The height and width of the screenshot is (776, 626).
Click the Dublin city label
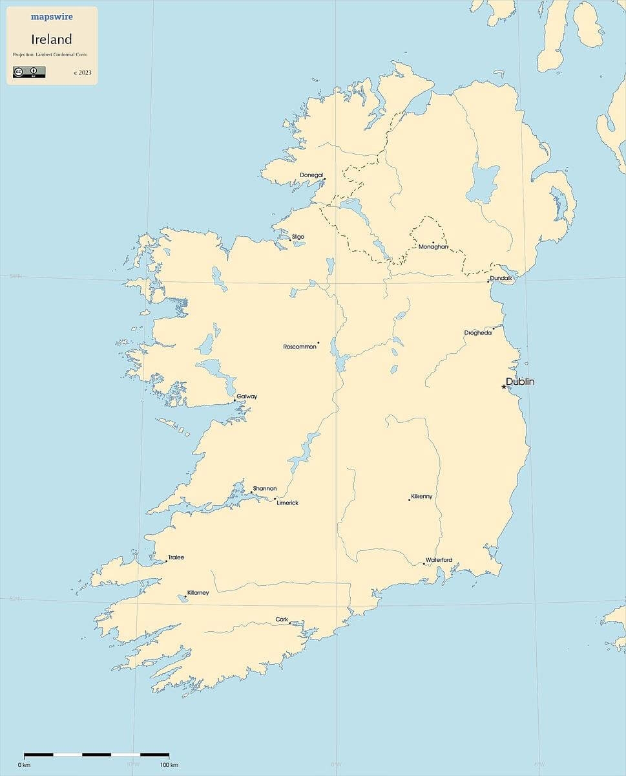[x=520, y=382]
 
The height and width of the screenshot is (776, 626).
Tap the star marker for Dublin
[x=504, y=387]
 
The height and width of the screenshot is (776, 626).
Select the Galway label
[x=247, y=396]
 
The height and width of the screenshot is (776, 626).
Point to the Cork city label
[x=282, y=620]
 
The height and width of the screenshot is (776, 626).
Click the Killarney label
[x=198, y=593]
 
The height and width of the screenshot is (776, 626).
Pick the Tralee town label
[x=176, y=557]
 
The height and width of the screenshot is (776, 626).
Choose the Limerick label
[x=287, y=503]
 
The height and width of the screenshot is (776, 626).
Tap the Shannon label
[x=264, y=488]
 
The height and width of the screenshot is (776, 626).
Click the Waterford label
[x=439, y=560]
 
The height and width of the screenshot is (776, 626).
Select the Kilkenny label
[x=421, y=497]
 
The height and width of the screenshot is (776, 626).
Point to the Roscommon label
[x=300, y=347]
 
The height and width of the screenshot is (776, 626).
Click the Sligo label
[x=298, y=237]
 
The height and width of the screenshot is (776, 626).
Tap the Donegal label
[x=311, y=175]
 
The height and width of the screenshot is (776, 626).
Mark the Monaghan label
[x=433, y=246]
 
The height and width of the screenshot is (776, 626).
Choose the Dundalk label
[x=501, y=278]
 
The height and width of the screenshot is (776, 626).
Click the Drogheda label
[x=478, y=333]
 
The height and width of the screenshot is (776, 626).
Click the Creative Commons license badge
[x=29, y=72]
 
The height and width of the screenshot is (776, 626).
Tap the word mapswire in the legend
[x=52, y=17]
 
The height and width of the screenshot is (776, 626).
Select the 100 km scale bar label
[x=169, y=765]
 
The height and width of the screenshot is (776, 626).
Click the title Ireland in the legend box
[x=52, y=39]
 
